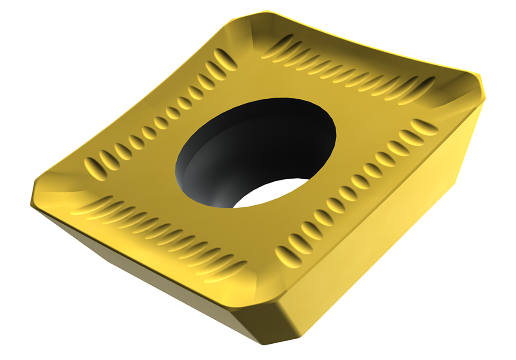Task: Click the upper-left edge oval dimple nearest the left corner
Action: point(93,166)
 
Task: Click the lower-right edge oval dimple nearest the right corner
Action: point(424,127)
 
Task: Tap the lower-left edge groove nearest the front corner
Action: point(224,271)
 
